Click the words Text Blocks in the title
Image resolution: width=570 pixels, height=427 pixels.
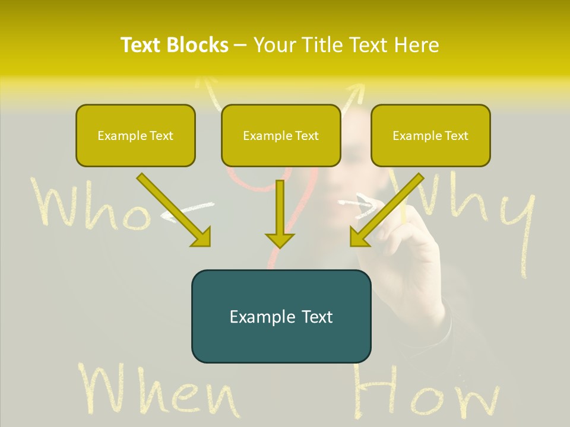pyautogui.click(x=174, y=45)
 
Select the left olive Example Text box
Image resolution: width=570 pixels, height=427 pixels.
pyautogui.click(x=135, y=136)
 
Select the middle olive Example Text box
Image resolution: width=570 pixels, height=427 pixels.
pyautogui.click(x=281, y=136)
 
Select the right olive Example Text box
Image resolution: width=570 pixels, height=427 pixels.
pyautogui.click(x=430, y=136)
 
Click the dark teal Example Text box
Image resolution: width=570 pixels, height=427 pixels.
pyautogui.click(x=281, y=316)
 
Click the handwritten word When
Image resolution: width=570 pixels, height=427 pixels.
pyautogui.click(x=157, y=391)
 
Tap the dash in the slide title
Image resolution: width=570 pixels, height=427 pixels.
pyautogui.click(x=240, y=45)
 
